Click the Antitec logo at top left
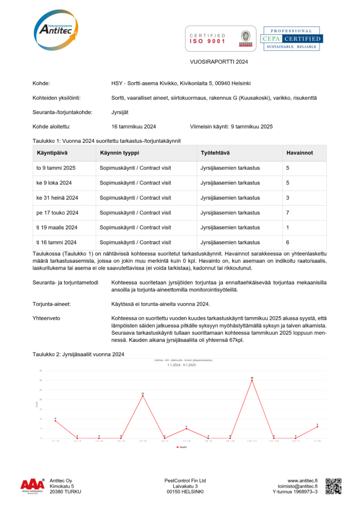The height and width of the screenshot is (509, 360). [56, 29]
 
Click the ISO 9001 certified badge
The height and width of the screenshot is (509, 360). [220, 38]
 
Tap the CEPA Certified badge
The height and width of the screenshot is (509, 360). [292, 38]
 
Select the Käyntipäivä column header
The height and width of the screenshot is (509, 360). [53, 153]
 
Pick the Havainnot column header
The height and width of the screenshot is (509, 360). [299, 153]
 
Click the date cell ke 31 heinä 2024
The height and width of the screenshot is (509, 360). [57, 198]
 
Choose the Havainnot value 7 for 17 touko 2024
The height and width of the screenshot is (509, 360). [288, 213]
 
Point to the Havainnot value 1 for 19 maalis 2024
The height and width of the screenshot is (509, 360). [288, 228]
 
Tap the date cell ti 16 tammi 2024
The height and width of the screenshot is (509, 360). [56, 242]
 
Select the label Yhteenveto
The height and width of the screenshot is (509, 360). [47, 318]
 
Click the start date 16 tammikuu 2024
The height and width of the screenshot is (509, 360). [134, 127]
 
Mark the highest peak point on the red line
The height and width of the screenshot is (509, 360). [252, 380]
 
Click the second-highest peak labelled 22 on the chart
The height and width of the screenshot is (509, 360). [143, 396]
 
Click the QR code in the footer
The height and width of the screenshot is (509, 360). [334, 486]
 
